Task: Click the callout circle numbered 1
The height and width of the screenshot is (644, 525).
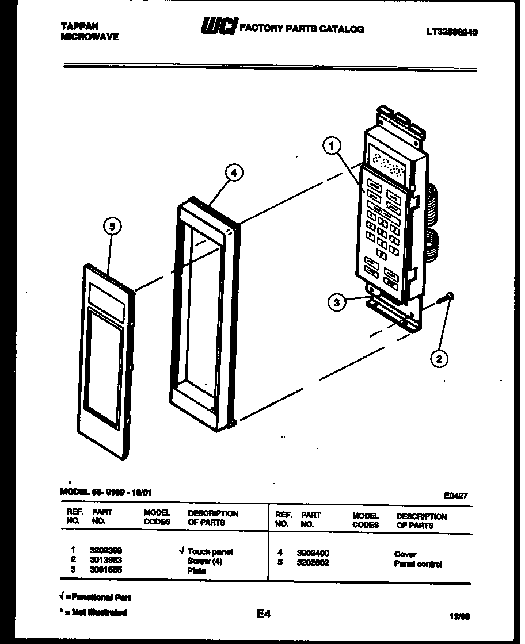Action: point(331,147)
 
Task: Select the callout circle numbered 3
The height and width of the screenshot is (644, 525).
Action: point(338,302)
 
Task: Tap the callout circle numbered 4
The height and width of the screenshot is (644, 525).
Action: point(233,172)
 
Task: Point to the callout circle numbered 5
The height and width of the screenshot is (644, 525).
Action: point(112,227)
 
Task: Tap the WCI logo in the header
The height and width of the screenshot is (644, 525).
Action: point(218,28)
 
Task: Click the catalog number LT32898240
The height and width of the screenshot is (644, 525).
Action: point(452,32)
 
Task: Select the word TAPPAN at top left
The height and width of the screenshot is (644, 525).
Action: point(79,26)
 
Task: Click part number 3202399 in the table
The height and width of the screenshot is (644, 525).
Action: point(106,551)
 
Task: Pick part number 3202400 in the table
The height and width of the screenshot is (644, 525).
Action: point(313,554)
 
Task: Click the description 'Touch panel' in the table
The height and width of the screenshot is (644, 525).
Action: point(210,551)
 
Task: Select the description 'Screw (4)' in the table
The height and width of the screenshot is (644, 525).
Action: point(204,561)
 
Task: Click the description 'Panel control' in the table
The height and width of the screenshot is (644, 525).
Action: point(418,564)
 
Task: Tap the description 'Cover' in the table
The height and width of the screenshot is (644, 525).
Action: point(405,554)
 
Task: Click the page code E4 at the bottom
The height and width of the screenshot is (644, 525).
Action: point(263,614)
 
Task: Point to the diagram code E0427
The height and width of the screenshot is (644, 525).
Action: point(455,494)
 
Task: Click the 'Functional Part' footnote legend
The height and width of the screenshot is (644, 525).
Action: point(96,597)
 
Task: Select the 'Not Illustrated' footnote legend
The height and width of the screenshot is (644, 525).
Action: point(96,612)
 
